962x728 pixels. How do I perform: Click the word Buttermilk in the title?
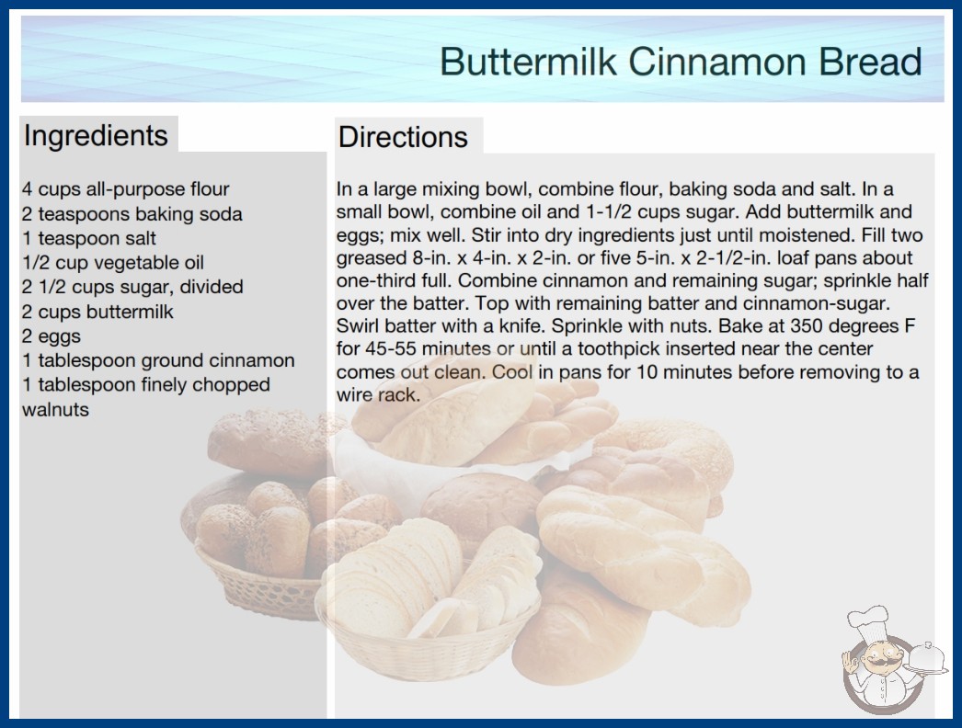tap(528, 62)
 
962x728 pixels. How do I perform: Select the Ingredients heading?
tap(96, 136)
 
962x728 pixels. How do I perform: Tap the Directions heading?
tap(403, 137)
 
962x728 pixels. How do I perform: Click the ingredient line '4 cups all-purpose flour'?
tap(126, 189)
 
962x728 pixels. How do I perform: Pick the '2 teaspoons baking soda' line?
tap(132, 214)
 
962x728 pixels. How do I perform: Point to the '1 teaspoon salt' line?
tap(89, 238)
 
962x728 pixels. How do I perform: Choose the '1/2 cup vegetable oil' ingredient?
tap(113, 263)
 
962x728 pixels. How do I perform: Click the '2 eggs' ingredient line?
tap(52, 336)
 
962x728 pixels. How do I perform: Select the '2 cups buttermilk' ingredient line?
tap(98, 312)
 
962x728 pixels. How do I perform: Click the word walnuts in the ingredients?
tap(56, 409)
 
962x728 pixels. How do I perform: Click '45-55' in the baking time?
tap(392, 348)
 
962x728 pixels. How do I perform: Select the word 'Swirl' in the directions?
tap(358, 325)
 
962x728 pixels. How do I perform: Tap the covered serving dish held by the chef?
tap(926, 659)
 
